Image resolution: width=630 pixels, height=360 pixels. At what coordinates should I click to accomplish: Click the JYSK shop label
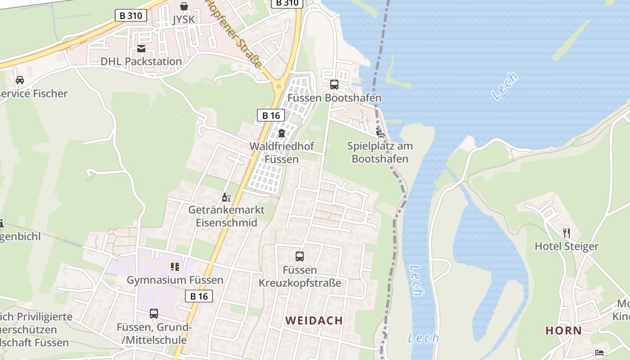tap(184, 20)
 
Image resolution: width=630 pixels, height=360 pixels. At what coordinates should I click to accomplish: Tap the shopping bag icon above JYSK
tap(184, 6)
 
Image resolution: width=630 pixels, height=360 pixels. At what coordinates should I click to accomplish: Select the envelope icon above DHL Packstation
tap(141, 49)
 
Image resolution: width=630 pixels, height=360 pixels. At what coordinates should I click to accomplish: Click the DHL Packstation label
tap(141, 61)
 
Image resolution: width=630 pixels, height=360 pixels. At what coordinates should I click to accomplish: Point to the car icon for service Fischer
tap(20, 80)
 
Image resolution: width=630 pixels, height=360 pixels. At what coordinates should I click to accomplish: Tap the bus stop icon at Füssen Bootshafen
tap(334, 84)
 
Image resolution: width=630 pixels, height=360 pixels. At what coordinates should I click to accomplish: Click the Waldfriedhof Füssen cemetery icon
tap(282, 133)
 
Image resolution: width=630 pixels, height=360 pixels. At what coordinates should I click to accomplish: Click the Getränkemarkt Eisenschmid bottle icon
tap(226, 197)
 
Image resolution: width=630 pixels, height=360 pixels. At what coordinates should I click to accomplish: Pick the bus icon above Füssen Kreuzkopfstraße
tap(300, 256)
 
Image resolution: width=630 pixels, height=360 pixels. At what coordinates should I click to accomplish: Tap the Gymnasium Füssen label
tap(175, 280)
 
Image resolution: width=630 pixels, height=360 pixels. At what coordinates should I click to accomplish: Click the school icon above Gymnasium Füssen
tap(175, 267)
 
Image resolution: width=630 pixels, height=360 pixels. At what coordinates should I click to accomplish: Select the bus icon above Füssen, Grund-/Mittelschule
tap(154, 313)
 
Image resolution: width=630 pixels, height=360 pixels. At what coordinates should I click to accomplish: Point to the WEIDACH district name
tap(314, 320)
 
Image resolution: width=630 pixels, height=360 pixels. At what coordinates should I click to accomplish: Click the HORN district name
tap(563, 330)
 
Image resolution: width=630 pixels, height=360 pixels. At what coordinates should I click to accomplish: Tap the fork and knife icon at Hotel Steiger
tap(567, 233)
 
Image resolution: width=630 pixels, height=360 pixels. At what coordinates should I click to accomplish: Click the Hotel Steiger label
tap(567, 246)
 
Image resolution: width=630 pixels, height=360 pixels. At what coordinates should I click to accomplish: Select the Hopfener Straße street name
tap(234, 34)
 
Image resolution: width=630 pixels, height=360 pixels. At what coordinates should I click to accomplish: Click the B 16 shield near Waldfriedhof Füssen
tap(271, 115)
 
